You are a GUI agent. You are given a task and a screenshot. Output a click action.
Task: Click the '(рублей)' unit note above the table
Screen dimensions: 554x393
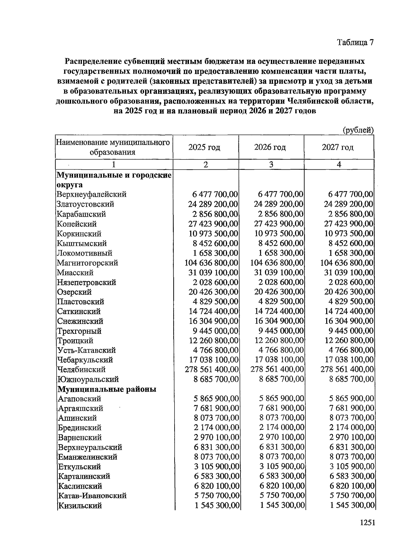[358, 130]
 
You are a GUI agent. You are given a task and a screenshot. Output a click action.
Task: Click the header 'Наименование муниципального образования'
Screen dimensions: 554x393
[113, 147]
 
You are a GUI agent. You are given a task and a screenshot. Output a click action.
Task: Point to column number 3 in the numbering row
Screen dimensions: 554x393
[271, 165]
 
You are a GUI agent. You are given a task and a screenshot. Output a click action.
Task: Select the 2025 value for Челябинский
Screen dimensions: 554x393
[212, 370]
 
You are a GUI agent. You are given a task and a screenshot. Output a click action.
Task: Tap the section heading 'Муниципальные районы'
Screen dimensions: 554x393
[107, 389]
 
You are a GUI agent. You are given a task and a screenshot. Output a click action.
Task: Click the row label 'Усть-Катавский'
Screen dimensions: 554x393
[86, 350]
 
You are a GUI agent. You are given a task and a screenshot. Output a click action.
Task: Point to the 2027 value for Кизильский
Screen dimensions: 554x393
[352, 506]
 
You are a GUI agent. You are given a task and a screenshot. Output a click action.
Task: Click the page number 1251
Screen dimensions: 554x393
[367, 523]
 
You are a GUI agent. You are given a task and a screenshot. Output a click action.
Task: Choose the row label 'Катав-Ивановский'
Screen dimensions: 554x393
[92, 496]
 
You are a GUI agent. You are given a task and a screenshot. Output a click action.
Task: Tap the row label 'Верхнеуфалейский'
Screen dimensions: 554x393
[91, 194]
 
